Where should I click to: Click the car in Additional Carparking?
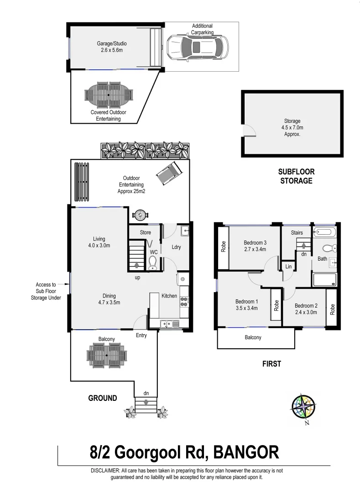coord(197,47)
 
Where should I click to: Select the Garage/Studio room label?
coord(111,47)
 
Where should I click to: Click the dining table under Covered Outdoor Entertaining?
coord(108,94)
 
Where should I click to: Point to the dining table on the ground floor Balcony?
coord(106,355)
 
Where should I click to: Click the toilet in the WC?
coord(153,262)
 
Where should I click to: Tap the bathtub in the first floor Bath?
coord(324,232)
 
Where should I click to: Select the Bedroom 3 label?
coord(255,246)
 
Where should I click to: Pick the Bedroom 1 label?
coord(247,304)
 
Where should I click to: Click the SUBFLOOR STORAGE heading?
coord(296,176)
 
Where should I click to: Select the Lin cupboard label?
coord(288,267)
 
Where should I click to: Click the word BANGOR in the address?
coord(246,453)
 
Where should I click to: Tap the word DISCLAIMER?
coord(105,471)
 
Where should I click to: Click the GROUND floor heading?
coord(102,398)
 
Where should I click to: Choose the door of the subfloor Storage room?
coord(249,131)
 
